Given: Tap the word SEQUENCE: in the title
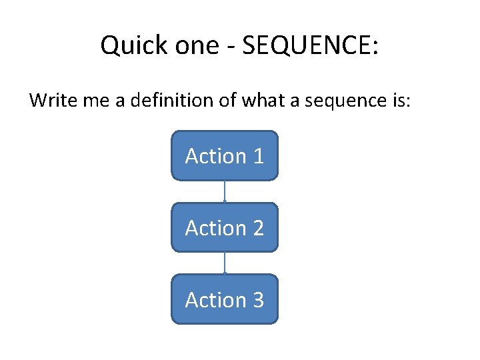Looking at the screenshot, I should coord(311,46).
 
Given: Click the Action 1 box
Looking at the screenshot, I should coord(225,156).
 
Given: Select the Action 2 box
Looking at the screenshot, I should coord(225,228).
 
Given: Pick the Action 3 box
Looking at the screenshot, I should coord(225,300).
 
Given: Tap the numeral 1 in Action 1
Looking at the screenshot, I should coord(258,156).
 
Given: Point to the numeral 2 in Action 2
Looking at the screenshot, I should coord(258,228).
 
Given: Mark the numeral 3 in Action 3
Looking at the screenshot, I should coord(258,300).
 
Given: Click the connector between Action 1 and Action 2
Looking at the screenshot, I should coord(225,191).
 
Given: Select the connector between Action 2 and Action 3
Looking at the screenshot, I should coord(225,263).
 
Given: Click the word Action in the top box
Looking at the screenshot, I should coord(215,156).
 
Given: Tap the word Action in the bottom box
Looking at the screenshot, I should coord(215,300).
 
